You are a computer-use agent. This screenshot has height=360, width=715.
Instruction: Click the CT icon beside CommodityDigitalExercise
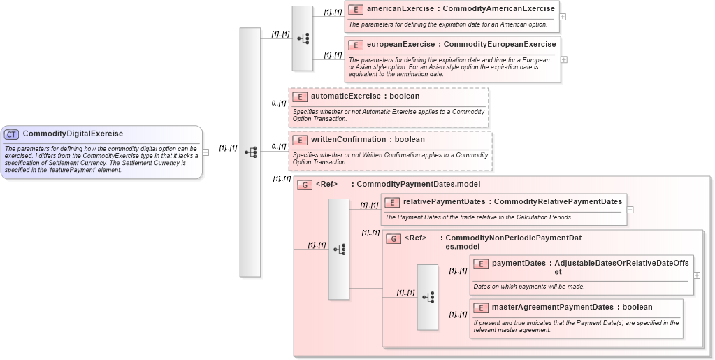click(x=12, y=134)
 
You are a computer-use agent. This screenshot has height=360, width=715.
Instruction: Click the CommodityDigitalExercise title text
click(x=73, y=134)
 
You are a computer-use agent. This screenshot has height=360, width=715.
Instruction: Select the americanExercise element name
click(x=400, y=9)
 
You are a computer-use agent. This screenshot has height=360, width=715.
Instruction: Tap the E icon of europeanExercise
click(x=355, y=45)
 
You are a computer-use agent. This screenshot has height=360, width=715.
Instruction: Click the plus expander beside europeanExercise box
click(x=564, y=59)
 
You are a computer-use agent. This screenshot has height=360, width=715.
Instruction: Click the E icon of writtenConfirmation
click(x=299, y=140)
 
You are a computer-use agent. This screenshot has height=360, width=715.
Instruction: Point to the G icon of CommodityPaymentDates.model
click(x=305, y=185)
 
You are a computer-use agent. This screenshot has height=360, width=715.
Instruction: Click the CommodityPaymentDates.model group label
click(x=418, y=185)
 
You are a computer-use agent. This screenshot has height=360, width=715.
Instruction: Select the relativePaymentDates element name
click(x=444, y=202)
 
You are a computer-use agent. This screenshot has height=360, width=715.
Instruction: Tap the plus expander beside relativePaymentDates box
click(x=630, y=209)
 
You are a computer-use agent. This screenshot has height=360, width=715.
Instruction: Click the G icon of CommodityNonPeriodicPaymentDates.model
click(x=393, y=238)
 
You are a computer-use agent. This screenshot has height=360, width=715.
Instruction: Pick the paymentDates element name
click(x=519, y=264)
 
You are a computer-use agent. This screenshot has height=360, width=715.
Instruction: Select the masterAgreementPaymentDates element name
click(x=552, y=307)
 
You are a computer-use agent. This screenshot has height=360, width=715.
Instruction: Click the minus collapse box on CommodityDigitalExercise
click(x=205, y=152)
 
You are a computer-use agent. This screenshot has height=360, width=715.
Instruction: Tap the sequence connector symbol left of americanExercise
click(x=303, y=38)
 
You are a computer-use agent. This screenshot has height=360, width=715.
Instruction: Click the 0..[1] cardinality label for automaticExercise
click(x=279, y=103)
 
